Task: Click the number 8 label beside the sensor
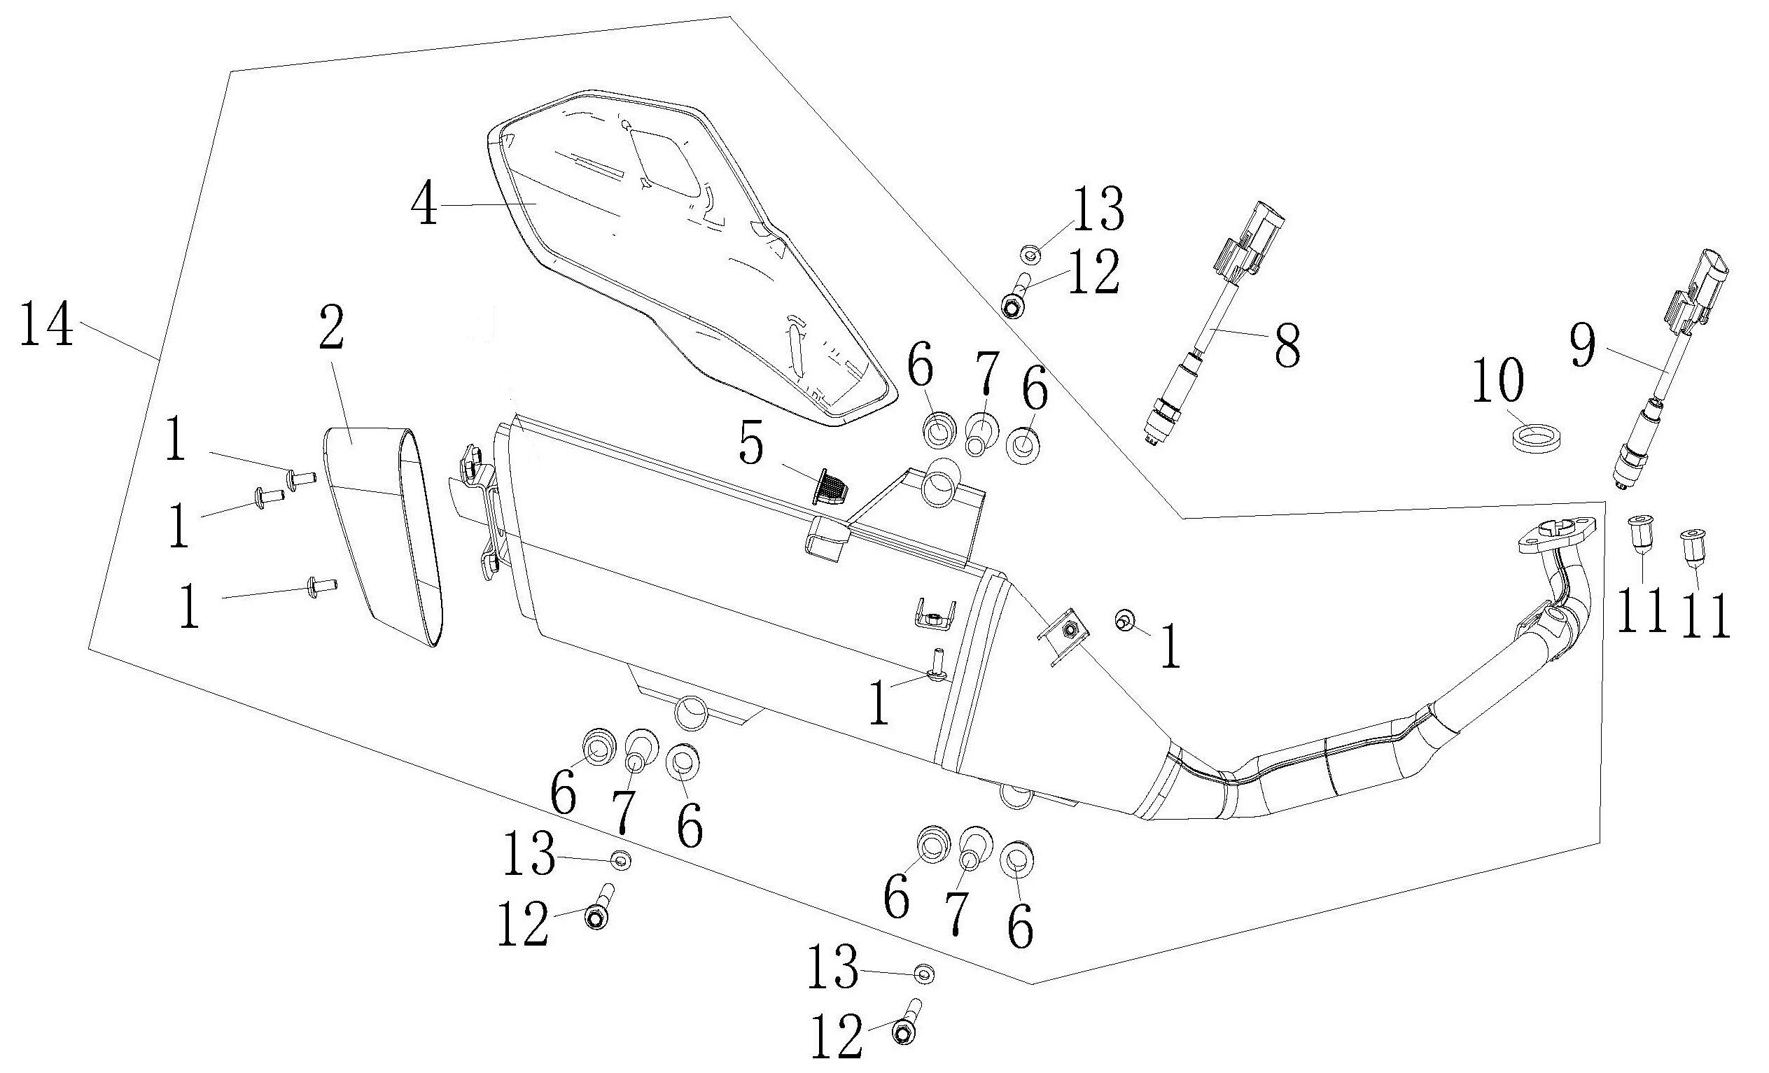coord(1285,346)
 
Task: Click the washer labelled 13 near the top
coord(1030,252)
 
